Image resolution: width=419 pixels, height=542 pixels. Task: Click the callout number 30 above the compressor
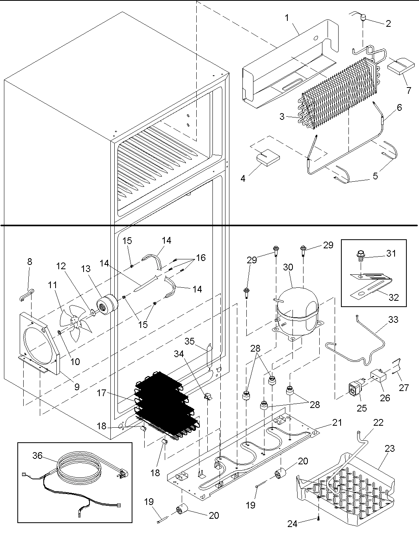288,267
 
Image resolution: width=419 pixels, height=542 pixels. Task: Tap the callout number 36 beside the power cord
37,456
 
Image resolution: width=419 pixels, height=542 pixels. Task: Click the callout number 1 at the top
287,18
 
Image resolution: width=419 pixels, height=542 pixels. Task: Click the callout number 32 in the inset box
394,297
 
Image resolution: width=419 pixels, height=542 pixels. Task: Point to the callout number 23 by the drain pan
390,449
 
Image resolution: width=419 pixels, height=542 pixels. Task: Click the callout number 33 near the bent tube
393,320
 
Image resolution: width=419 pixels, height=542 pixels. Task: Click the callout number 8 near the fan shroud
30,261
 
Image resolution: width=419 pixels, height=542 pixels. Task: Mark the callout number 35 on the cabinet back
190,341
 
